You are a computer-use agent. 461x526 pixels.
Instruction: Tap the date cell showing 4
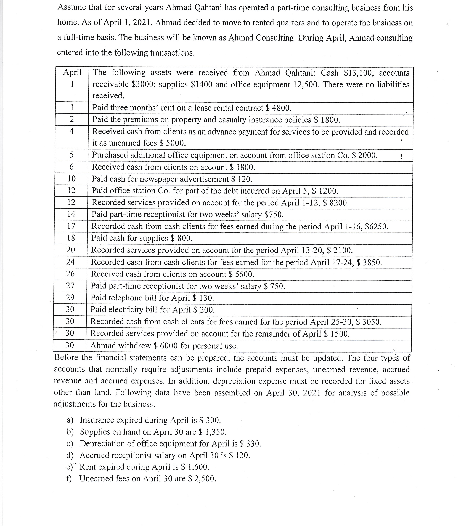(x=72, y=131)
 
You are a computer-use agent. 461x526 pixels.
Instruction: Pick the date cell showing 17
(x=71, y=226)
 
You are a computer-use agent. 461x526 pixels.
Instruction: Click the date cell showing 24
(x=70, y=262)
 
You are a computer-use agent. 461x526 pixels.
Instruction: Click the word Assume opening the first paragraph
(x=71, y=7)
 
